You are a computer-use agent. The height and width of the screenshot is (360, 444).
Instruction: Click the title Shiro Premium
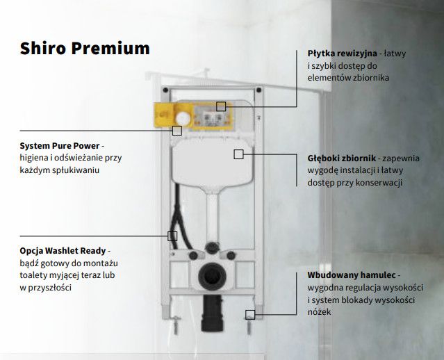click(85, 48)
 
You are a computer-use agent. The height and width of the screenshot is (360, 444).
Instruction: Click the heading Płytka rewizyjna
click(343, 54)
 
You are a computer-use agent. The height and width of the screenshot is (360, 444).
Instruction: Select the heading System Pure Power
click(60, 145)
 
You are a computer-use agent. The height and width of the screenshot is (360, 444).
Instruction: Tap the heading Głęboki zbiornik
click(342, 158)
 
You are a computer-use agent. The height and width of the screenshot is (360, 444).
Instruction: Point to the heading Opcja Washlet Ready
click(63, 251)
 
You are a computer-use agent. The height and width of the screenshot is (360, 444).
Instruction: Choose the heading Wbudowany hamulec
click(352, 275)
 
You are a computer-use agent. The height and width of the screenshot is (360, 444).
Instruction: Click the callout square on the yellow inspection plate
click(221, 106)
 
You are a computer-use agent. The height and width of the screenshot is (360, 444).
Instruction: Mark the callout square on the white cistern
click(239, 154)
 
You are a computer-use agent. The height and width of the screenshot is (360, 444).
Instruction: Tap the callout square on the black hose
click(172, 236)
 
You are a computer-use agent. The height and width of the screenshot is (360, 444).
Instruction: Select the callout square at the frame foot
click(250, 314)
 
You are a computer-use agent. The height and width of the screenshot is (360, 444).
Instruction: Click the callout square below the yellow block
click(177, 131)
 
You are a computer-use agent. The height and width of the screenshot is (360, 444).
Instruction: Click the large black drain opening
click(212, 276)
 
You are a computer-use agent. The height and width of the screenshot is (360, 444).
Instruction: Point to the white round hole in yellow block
click(183, 118)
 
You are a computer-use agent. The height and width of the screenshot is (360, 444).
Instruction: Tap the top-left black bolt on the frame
click(165, 90)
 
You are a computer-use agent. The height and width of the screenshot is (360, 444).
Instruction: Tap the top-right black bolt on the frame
click(258, 90)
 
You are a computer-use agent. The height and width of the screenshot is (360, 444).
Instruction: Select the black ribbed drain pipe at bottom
click(212, 313)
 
